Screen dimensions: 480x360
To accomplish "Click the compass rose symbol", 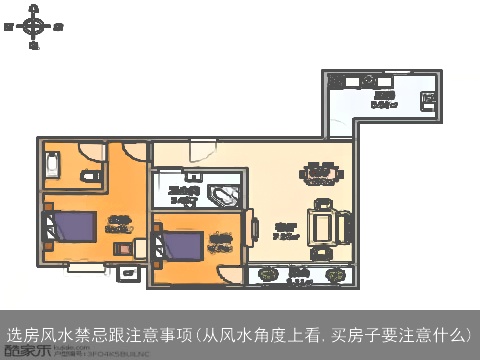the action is point(34,25).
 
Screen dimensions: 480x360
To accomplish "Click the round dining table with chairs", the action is point(320,174).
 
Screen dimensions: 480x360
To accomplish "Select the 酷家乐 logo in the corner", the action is point(22,349).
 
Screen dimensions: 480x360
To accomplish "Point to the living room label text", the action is point(286,231).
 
